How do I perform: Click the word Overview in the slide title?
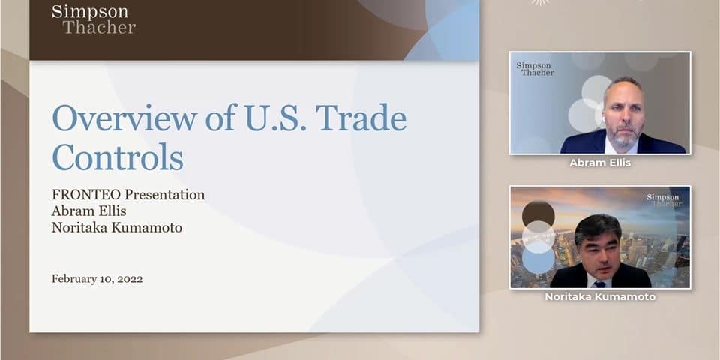[125, 118]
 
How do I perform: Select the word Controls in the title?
[118, 157]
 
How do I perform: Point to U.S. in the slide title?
[274, 118]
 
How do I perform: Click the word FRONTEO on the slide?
[86, 195]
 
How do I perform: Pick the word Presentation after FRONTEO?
[165, 195]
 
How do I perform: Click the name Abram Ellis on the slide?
[89, 211]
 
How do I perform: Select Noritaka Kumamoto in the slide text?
[117, 227]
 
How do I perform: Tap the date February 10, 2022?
[97, 279]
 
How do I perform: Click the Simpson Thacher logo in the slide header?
[94, 19]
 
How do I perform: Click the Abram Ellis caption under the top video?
[600, 163]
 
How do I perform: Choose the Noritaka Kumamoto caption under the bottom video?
[600, 297]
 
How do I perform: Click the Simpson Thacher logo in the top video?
[535, 69]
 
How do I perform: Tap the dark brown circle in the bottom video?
[538, 214]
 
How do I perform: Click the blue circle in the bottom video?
[538, 259]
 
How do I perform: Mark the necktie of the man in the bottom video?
[598, 284]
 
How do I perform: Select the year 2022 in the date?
[130, 279]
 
